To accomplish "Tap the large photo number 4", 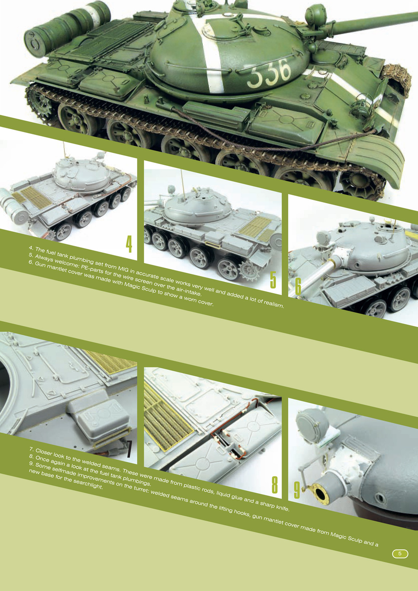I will pyautogui.click(x=129, y=244).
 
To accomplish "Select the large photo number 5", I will pyautogui.click(x=273, y=280).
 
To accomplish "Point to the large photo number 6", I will pyautogui.click(x=298, y=286).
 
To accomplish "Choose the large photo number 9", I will pyautogui.click(x=297, y=490).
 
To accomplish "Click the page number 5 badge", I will pyautogui.click(x=400, y=554).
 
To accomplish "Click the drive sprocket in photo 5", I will pyautogui.click(x=249, y=271).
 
